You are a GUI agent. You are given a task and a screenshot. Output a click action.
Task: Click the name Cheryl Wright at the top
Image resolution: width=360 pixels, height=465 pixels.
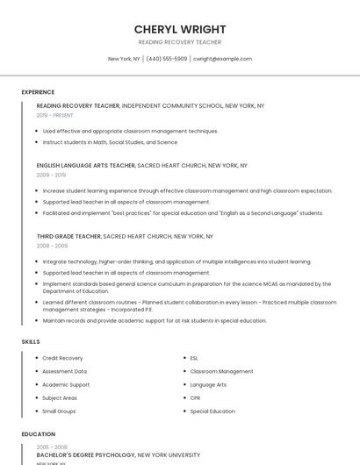click(x=180, y=29)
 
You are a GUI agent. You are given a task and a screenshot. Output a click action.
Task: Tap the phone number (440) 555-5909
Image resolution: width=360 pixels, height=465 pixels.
click(x=167, y=59)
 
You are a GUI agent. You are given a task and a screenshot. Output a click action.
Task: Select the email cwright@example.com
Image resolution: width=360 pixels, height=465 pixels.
click(x=222, y=59)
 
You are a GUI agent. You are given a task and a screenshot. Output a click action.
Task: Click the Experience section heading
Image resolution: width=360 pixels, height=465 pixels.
click(x=38, y=92)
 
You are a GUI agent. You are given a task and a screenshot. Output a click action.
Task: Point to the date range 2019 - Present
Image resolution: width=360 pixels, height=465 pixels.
click(x=55, y=115)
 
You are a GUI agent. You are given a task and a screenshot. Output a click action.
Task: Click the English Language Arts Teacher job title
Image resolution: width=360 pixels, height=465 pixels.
click(x=85, y=165)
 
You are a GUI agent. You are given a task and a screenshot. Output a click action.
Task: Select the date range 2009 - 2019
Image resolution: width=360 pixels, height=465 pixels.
click(x=51, y=175)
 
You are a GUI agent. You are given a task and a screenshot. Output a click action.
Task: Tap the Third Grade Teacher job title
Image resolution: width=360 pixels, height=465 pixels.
click(x=69, y=236)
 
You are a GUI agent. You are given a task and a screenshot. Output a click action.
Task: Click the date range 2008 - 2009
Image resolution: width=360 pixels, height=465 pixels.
click(x=51, y=246)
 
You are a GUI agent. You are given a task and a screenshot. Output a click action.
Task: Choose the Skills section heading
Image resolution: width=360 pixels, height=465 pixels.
click(x=30, y=340)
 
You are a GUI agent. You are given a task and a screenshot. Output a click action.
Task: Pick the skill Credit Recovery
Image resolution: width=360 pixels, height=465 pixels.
click(x=62, y=358)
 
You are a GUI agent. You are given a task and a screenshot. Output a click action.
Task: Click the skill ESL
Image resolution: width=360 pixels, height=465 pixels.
click(x=194, y=358)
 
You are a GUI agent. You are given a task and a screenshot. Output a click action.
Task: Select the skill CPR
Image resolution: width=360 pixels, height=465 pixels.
click(x=195, y=397)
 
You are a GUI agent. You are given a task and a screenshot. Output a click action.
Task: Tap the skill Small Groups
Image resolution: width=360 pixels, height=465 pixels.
click(x=59, y=411)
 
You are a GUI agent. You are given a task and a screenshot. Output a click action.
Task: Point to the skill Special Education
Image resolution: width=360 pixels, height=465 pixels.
click(x=212, y=411)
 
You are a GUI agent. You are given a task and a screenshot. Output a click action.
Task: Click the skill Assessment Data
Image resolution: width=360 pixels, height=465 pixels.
click(x=64, y=371)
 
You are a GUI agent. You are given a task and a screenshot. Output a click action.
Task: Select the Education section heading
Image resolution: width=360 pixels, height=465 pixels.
click(x=38, y=434)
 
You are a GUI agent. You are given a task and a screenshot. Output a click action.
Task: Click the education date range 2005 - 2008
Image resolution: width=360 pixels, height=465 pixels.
click(x=51, y=447)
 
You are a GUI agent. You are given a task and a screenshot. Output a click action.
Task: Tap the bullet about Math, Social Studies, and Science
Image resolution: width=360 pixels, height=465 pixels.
click(x=110, y=142)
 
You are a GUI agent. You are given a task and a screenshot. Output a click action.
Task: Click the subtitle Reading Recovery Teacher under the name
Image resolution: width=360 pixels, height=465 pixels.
click(x=180, y=42)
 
